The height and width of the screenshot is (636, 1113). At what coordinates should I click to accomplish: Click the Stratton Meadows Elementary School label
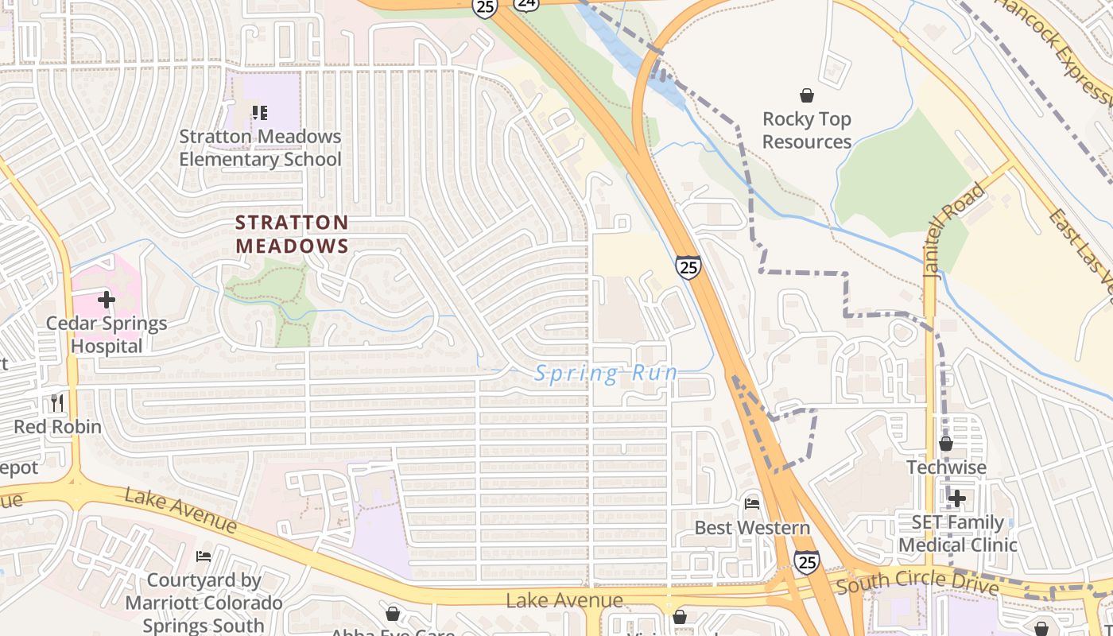click(260, 148)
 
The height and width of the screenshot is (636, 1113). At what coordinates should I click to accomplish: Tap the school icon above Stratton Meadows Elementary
click(259, 113)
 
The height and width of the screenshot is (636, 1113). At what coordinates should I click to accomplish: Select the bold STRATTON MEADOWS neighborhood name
click(292, 234)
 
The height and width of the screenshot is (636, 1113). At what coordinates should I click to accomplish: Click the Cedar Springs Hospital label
click(107, 335)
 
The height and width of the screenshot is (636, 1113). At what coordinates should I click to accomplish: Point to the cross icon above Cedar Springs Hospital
click(107, 300)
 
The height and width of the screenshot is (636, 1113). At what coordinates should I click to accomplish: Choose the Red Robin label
click(57, 427)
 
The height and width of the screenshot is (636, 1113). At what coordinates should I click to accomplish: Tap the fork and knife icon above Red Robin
click(56, 402)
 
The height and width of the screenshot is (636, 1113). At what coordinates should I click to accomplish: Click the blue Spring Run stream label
click(607, 373)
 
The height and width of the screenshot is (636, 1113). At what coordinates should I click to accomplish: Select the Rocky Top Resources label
click(807, 130)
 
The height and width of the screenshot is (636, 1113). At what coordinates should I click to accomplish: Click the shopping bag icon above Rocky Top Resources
click(807, 95)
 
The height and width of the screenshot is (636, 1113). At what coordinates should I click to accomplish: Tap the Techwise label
click(946, 467)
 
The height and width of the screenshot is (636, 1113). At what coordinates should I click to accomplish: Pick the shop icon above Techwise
click(945, 444)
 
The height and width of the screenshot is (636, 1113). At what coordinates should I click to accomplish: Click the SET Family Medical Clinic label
click(958, 533)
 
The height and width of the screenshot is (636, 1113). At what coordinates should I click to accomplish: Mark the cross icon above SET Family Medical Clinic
click(957, 498)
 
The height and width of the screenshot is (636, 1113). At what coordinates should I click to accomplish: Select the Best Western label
click(752, 528)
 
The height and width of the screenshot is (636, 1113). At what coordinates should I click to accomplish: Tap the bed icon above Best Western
click(752, 503)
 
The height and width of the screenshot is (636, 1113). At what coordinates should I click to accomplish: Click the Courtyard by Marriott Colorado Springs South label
click(204, 603)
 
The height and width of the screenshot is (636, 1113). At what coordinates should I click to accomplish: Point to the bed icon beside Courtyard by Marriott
click(204, 556)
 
